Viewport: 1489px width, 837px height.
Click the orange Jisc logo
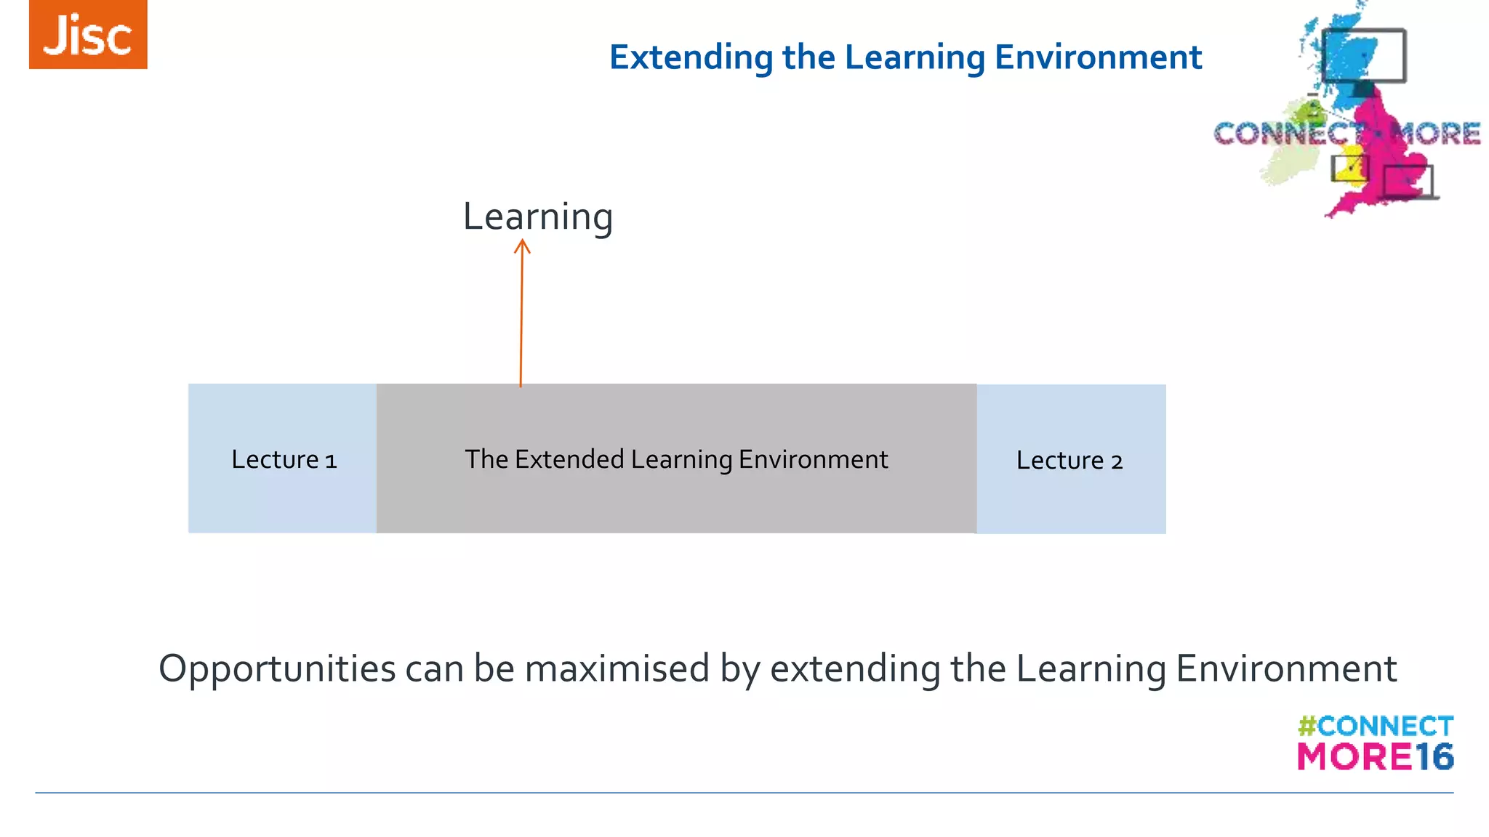(88, 34)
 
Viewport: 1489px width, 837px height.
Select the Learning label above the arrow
(538, 217)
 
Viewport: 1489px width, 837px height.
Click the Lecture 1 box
(283, 458)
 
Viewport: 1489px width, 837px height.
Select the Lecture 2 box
(1071, 459)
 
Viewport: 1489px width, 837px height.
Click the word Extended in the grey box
(569, 459)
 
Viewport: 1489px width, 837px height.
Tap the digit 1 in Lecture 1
(331, 461)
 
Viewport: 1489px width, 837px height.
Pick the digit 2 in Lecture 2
(1117, 462)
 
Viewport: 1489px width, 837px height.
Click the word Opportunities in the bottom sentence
(277, 669)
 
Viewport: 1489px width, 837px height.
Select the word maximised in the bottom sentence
(617, 668)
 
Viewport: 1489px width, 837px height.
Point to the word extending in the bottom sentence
(855, 669)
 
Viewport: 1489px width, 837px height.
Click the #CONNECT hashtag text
(1376, 726)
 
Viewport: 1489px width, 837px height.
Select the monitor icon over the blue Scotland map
(1364, 57)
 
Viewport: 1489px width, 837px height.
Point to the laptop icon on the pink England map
(1408, 182)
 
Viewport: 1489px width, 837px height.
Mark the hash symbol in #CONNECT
(1307, 726)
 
